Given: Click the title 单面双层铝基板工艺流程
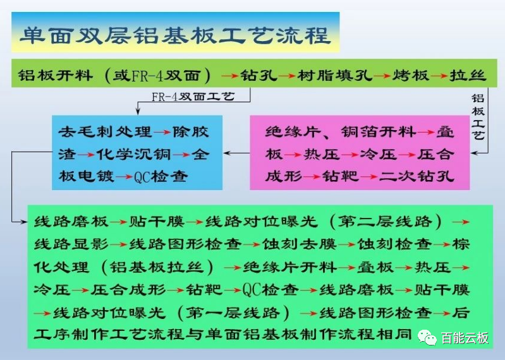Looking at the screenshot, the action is (x=176, y=35).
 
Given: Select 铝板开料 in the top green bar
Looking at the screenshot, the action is (x=56, y=76).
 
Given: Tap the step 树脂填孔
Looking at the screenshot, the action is (x=335, y=76).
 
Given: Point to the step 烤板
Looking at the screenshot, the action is (x=410, y=76).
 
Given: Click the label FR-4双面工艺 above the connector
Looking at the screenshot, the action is (x=193, y=96).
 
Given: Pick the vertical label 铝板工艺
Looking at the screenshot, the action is (x=478, y=117).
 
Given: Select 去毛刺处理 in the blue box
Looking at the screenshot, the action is (x=105, y=132).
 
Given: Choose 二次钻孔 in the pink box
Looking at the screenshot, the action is (x=417, y=176).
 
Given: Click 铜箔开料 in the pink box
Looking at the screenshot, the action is (x=379, y=132).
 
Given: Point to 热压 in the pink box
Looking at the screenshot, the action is (x=322, y=155).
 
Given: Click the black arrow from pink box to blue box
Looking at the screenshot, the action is (x=236, y=153).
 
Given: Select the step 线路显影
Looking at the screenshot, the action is (x=71, y=244).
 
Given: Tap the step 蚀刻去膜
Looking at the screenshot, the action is (x=300, y=244).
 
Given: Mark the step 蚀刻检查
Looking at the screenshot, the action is (x=394, y=244).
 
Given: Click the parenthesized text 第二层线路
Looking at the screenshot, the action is (x=385, y=222).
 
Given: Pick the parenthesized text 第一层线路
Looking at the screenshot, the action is (x=233, y=313).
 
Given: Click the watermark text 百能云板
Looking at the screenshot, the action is (x=465, y=338).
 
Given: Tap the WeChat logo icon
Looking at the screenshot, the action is (x=427, y=337).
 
